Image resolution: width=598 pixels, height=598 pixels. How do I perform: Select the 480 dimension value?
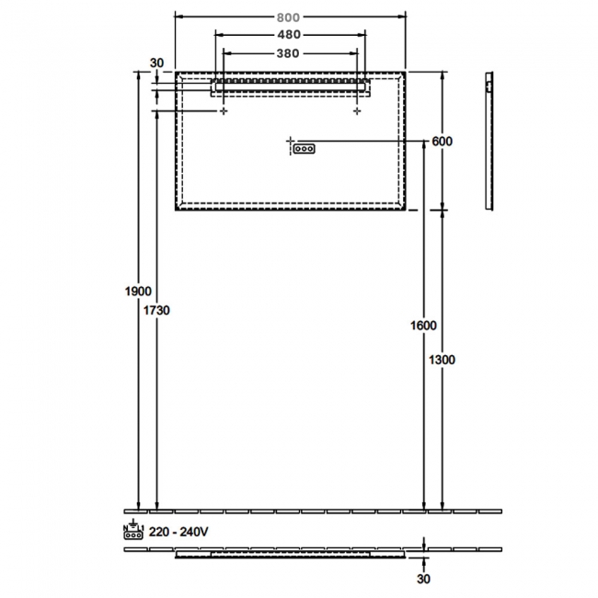point(290,35)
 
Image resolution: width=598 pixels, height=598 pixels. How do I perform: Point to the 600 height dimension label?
point(443,141)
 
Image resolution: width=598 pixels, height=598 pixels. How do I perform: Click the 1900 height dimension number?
point(138,292)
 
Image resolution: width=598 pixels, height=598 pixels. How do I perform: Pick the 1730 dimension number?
point(157,311)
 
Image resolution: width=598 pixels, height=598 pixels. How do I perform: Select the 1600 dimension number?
point(423,326)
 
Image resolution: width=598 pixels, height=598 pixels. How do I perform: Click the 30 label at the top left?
point(156,63)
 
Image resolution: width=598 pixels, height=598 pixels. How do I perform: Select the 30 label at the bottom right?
point(424,579)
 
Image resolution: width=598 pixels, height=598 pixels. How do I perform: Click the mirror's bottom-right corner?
point(405,210)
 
